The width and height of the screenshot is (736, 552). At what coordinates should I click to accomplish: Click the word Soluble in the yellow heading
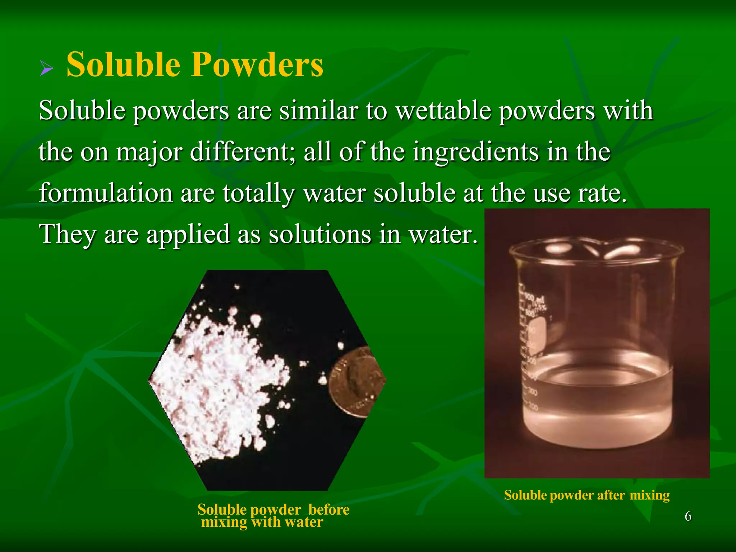123,65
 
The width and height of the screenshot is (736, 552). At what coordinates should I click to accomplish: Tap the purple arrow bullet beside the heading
46,68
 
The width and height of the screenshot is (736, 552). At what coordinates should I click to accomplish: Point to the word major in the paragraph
149,152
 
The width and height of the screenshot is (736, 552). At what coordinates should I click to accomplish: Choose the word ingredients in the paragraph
475,152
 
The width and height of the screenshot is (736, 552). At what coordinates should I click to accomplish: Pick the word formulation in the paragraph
106,193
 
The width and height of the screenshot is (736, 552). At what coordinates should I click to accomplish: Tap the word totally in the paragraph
258,193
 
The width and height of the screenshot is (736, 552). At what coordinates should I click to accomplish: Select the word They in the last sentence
67,234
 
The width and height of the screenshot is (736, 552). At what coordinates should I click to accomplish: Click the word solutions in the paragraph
320,234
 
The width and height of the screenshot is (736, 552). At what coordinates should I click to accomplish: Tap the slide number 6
688,516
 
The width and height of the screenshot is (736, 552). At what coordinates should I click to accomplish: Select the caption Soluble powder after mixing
586,495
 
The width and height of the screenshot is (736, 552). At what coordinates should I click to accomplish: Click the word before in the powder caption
328,510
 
